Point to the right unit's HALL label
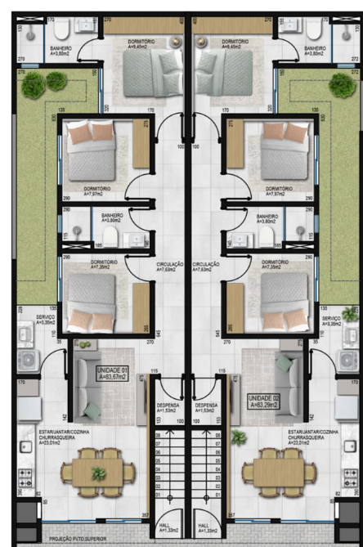click(204, 528)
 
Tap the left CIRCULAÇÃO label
click(169, 267)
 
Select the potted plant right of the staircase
click(238, 437)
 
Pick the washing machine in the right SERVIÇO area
click(347, 359)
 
